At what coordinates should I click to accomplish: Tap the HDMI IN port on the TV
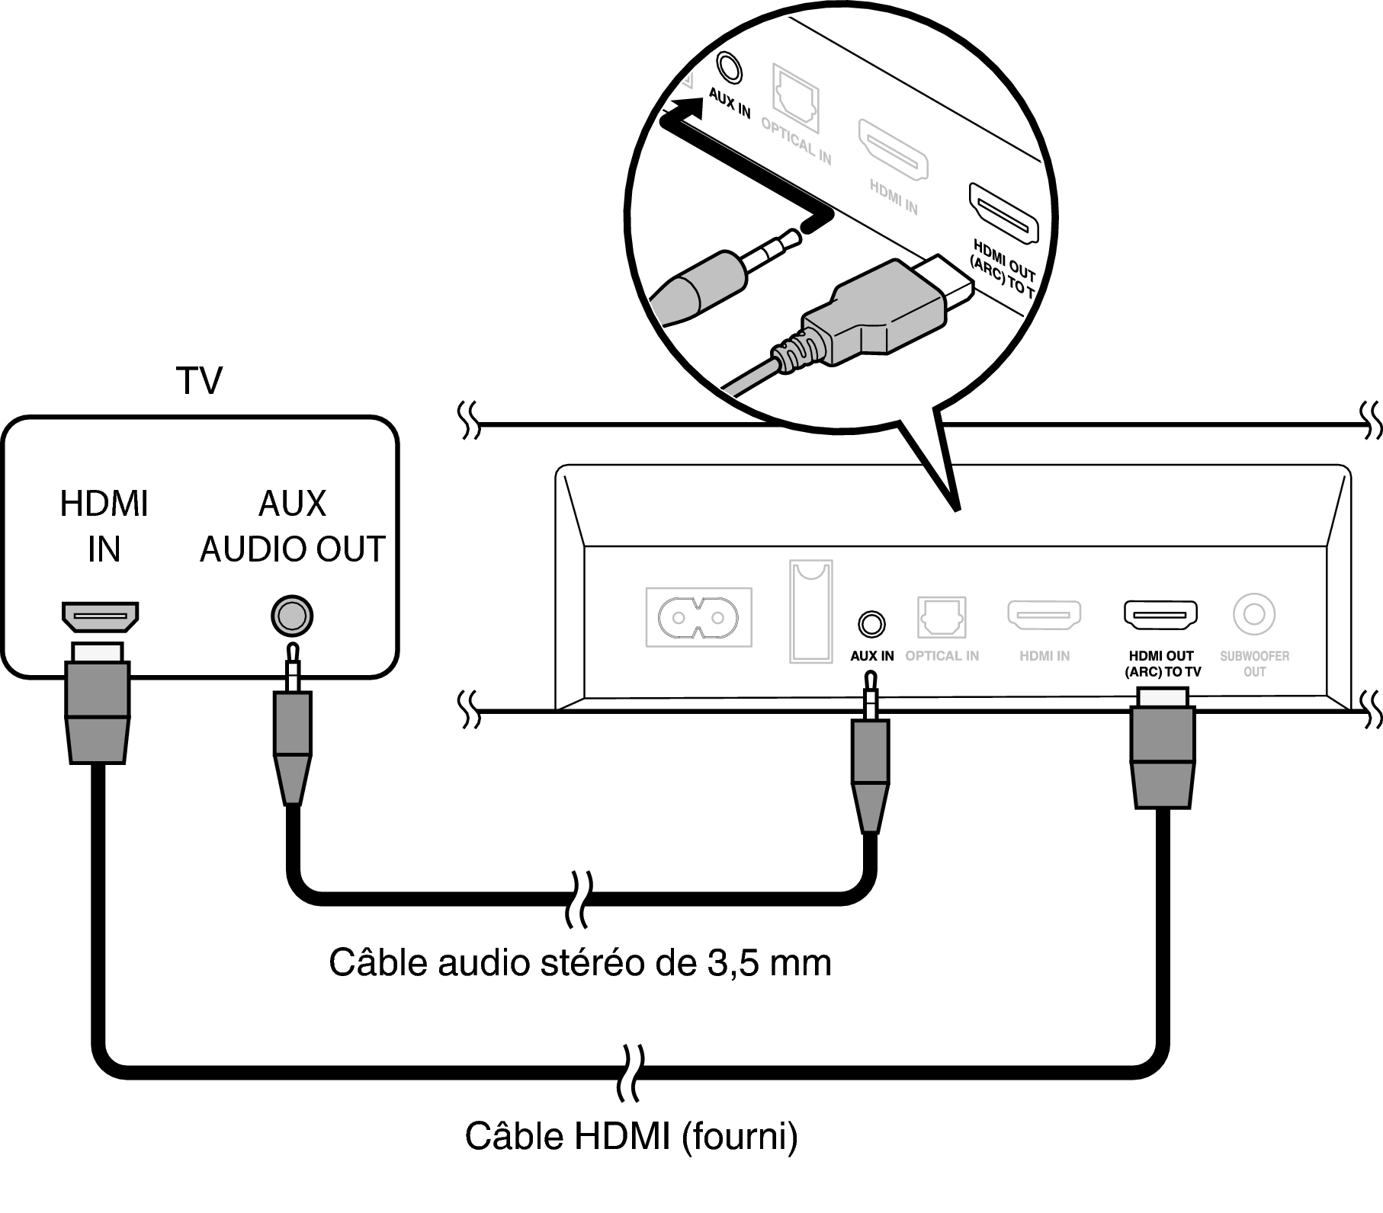pos(100,616)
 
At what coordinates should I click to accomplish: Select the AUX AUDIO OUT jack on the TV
pos(292,616)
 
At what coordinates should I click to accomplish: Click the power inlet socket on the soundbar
pos(698,616)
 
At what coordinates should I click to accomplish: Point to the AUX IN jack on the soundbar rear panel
pos(871,624)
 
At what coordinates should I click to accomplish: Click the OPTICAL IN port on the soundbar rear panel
pos(942,617)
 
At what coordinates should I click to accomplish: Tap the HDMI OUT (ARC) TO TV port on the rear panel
pos(1160,615)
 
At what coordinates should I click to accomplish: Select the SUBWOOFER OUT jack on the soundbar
pos(1254,614)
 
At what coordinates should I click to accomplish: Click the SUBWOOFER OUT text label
pos(1254,663)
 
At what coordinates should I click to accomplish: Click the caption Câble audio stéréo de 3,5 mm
pos(579,962)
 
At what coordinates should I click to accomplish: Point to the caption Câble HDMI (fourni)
pos(631,1136)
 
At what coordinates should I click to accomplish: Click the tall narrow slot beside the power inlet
pos(810,611)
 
